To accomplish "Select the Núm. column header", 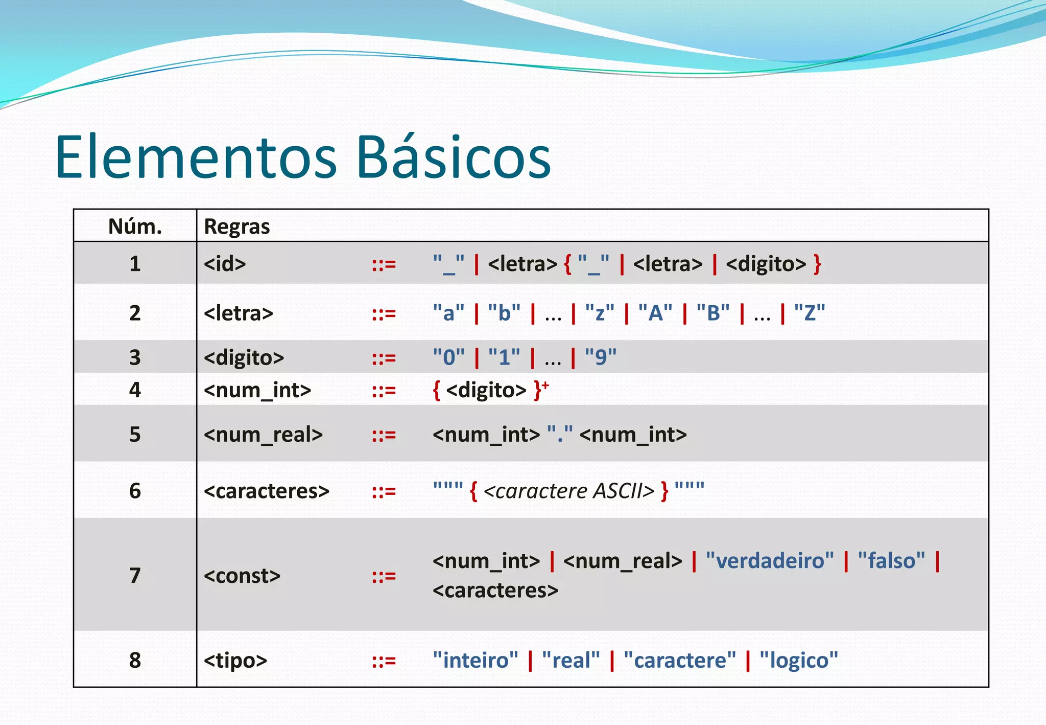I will [x=135, y=226].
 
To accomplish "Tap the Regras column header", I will [x=237, y=226].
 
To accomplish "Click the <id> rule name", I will [x=225, y=264].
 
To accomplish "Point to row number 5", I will [x=135, y=435].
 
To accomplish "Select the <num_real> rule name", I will [x=263, y=435].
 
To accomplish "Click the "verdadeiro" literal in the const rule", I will [x=770, y=561].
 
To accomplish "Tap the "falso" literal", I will [x=891, y=561].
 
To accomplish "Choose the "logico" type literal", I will [x=799, y=661].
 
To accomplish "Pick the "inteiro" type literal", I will [x=476, y=661].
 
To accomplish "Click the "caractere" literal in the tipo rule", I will [x=680, y=661].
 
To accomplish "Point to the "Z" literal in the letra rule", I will [x=810, y=313].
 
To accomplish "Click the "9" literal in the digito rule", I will [x=601, y=357].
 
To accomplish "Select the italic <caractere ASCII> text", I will [x=568, y=491].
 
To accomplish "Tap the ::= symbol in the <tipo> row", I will [x=384, y=661].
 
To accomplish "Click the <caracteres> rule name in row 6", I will [x=266, y=491].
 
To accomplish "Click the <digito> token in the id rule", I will [x=766, y=264].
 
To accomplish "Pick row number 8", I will [x=135, y=661].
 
